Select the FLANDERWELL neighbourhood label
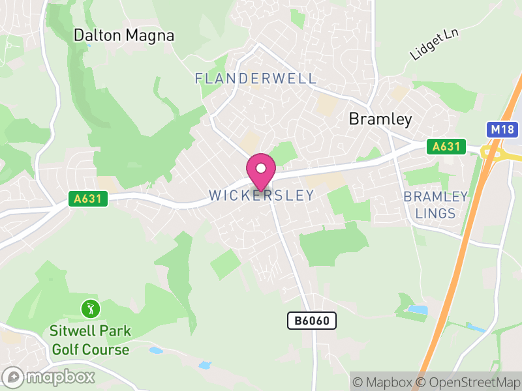(256, 79)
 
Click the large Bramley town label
(380, 119)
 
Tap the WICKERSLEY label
(261, 195)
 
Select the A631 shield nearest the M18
(446, 147)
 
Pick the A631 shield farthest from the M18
(88, 199)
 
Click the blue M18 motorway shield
(502, 130)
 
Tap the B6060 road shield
(312, 320)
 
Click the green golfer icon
(90, 307)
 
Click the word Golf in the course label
(65, 350)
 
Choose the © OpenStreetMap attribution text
(468, 381)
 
